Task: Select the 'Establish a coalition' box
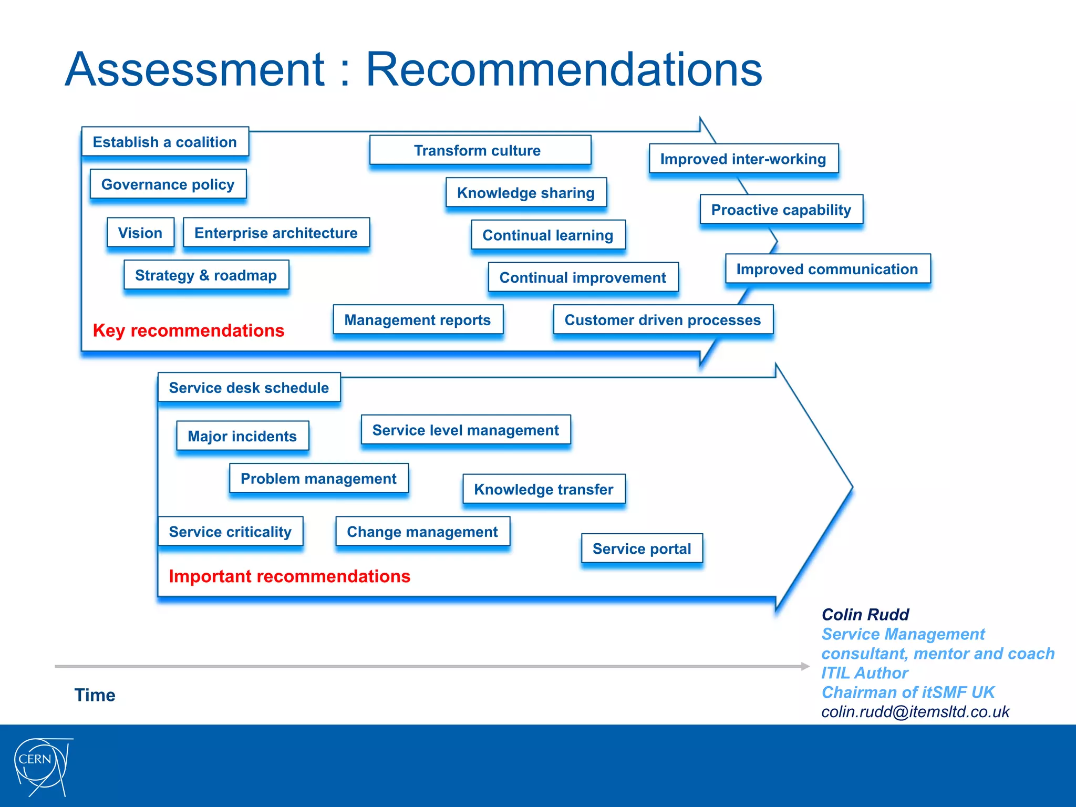point(165,142)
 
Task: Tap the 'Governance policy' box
point(168,184)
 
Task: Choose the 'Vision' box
point(140,233)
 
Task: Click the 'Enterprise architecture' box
point(276,233)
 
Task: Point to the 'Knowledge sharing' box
point(526,193)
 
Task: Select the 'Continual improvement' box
point(583,277)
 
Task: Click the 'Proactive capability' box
point(781,210)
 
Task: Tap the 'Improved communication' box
point(827,269)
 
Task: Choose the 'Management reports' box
point(418,320)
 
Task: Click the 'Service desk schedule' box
point(249,388)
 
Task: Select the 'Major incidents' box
point(242,436)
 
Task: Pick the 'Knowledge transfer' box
point(544,489)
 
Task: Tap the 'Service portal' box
point(642,549)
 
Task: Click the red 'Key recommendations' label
point(189,330)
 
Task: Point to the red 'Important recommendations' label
point(289,576)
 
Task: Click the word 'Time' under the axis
point(95,695)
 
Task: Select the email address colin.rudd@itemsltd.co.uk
point(915,712)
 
